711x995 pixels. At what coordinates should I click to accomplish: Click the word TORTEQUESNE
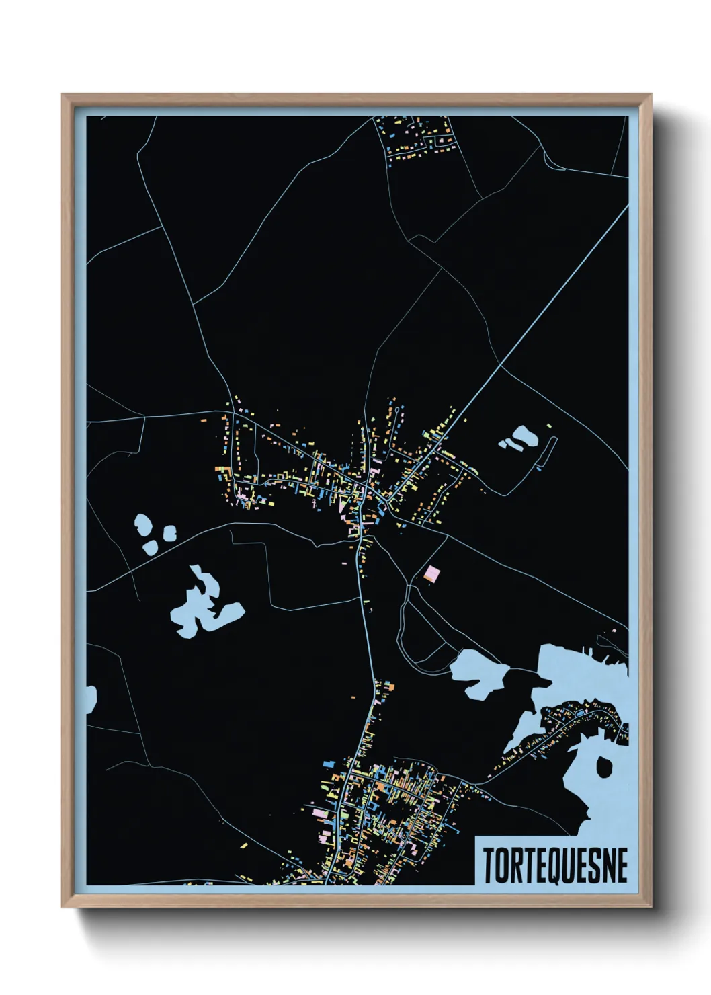(555, 865)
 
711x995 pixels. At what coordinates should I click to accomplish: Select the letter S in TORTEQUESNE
(591, 865)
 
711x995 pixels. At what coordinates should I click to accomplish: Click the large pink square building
(432, 573)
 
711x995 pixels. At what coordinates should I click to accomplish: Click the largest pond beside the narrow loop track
(524, 437)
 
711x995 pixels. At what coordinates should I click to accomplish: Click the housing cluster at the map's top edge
(417, 137)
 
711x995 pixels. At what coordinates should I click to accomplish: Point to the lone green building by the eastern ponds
(550, 426)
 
